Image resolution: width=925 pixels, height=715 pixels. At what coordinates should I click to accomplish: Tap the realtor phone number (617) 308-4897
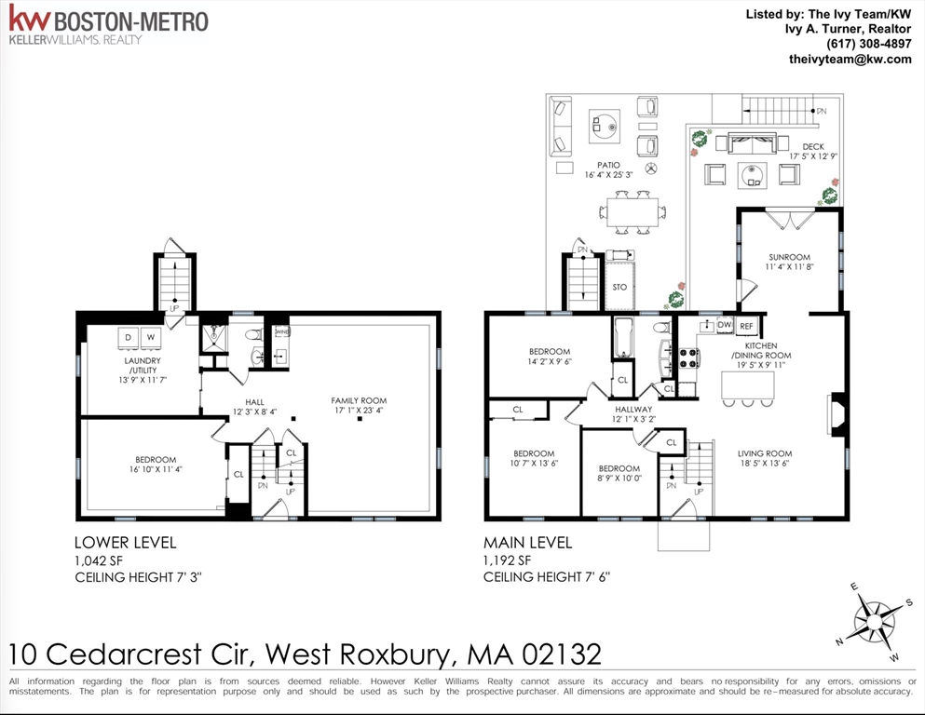[868, 44]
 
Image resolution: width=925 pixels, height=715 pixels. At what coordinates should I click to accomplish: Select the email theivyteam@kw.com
[850, 59]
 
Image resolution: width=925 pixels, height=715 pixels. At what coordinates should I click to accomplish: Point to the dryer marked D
[129, 338]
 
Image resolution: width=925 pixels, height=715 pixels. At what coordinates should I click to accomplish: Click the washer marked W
[151, 338]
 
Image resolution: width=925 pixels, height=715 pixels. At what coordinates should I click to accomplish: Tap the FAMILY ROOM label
[359, 401]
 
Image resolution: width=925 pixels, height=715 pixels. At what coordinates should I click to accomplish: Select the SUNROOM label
[789, 257]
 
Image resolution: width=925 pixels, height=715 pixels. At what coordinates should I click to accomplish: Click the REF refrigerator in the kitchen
[747, 326]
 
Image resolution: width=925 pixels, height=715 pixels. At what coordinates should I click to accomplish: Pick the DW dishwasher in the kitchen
[725, 325]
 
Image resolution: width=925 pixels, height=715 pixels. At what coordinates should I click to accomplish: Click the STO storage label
[619, 288]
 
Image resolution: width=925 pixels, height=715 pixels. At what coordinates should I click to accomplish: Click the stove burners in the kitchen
[688, 358]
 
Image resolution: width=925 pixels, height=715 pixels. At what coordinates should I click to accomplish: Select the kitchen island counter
[748, 385]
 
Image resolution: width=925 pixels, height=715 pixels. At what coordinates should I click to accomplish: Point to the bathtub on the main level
[623, 338]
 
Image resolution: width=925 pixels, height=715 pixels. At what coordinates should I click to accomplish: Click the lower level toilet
[253, 335]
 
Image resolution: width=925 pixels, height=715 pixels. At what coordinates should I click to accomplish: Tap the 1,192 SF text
[508, 560]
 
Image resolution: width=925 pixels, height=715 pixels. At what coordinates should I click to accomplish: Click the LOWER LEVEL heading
[126, 542]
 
